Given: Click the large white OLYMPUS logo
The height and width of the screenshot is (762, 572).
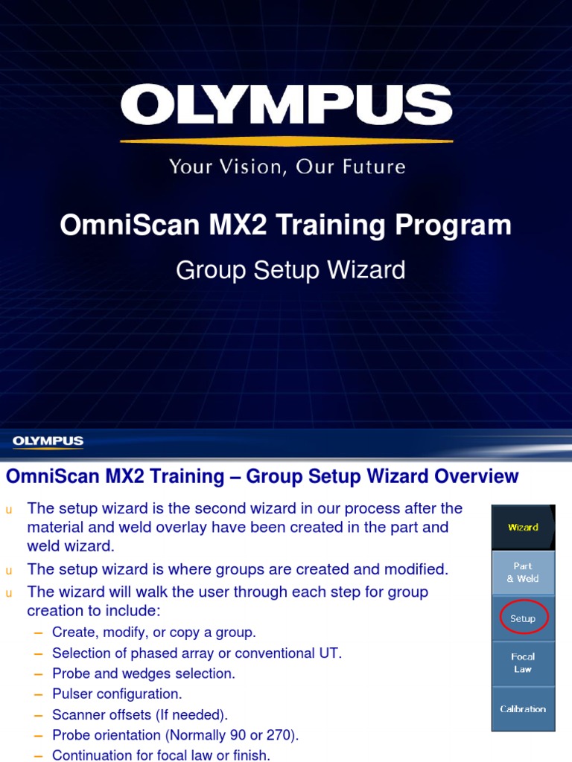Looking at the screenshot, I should [x=286, y=105].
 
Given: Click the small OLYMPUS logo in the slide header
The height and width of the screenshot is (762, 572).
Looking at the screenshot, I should [x=48, y=442].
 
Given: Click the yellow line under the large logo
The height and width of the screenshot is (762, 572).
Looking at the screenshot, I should [x=286, y=141].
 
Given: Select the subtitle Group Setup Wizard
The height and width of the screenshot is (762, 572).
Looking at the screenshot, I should [x=290, y=270].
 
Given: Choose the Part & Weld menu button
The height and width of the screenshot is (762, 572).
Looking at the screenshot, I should [x=523, y=572].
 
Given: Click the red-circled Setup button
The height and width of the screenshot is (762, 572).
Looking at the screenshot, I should [x=523, y=618].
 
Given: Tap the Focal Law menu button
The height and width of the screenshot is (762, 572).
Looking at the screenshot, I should [x=523, y=663].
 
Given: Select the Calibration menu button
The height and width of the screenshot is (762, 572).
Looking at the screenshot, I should [x=523, y=709].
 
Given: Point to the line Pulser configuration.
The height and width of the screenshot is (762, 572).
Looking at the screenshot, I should [x=116, y=694].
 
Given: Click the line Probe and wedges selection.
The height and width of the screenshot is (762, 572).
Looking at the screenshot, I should [x=143, y=673].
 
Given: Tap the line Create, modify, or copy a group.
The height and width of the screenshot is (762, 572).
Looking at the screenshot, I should [x=153, y=633].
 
